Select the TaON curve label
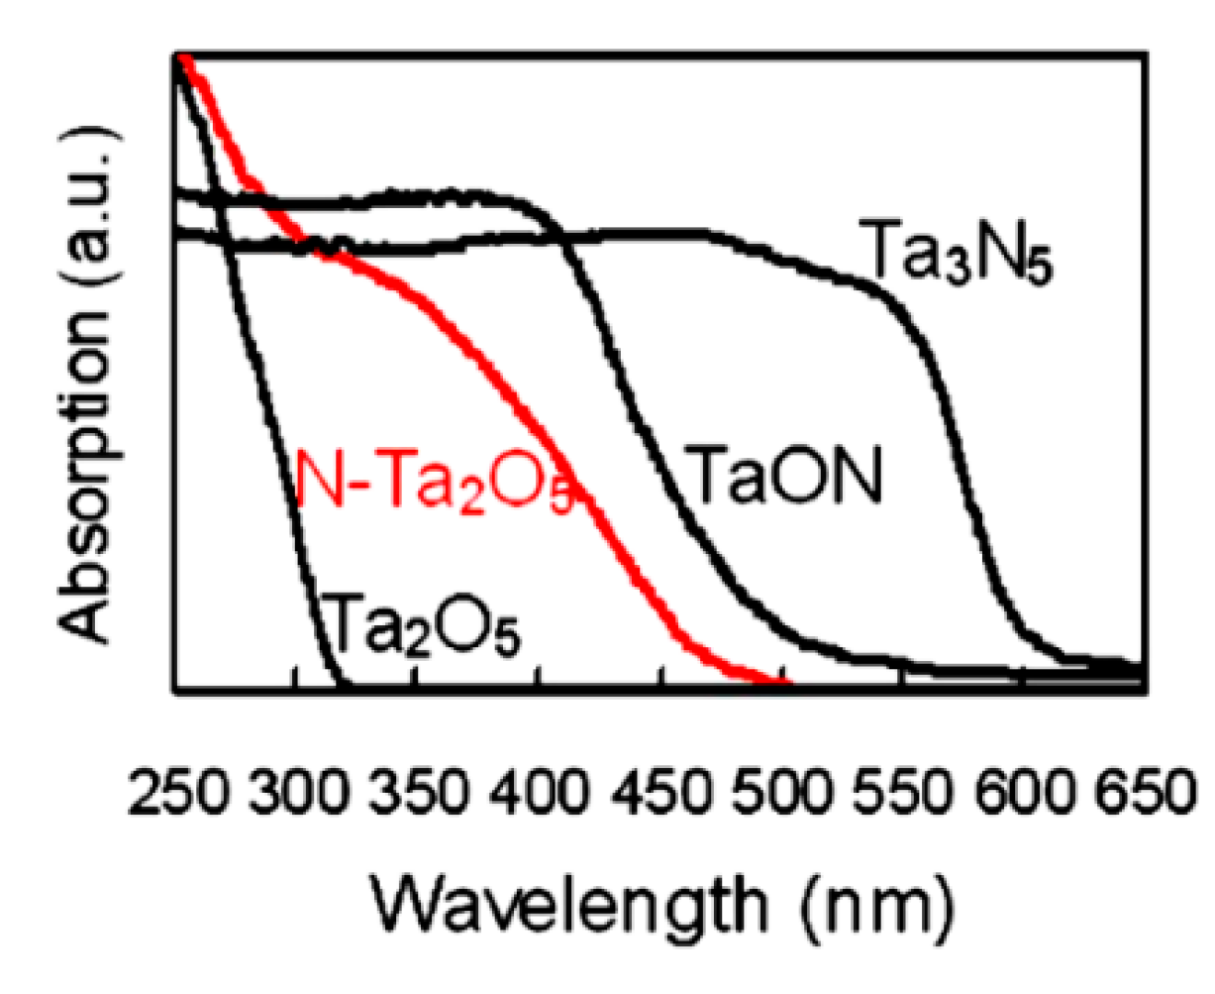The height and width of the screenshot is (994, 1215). [x=782, y=476]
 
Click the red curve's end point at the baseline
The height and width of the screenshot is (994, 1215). [x=787, y=682]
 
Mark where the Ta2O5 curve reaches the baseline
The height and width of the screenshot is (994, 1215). [x=343, y=682]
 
